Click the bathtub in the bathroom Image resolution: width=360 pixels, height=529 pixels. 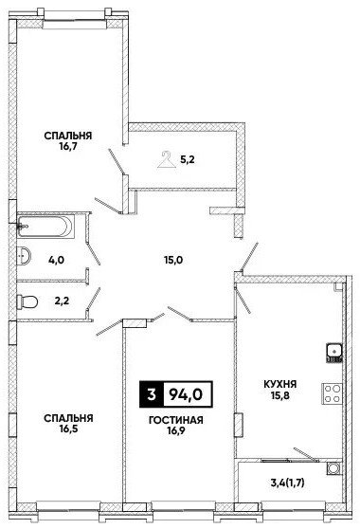point(45,226)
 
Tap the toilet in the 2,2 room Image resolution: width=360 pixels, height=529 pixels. point(27,301)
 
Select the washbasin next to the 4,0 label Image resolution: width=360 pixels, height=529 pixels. point(24,255)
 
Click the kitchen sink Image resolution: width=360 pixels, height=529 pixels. point(334,353)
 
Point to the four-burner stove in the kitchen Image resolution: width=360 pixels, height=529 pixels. point(332,393)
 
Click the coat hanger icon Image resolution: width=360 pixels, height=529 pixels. point(167,159)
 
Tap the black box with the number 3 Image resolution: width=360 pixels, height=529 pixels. point(152,393)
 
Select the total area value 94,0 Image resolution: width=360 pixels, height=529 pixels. point(186,393)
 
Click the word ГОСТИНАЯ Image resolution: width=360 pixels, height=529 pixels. point(176,420)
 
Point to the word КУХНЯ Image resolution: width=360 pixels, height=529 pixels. point(279,384)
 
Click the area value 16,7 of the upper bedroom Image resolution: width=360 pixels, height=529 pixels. point(68,147)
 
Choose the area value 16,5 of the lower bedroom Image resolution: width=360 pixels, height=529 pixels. point(68,429)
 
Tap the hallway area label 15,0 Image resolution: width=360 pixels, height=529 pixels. point(174,260)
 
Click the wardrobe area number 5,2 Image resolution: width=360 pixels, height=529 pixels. point(188,159)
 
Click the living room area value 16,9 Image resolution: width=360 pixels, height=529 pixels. point(176,430)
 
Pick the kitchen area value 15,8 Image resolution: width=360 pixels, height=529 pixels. point(280,394)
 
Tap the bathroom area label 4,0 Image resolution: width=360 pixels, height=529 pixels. point(56,260)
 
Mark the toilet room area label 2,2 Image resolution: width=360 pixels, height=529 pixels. point(62,301)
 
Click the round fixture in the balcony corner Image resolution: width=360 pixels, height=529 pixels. point(334,468)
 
